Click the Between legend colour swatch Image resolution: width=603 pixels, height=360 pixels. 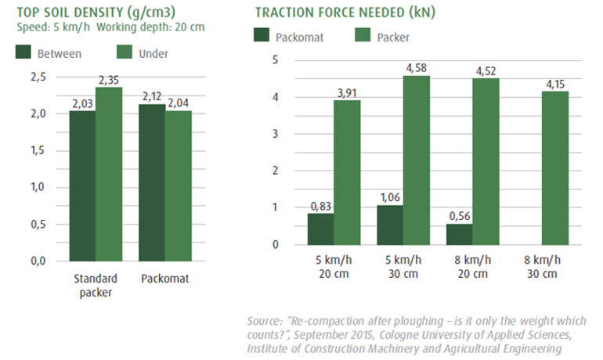(23, 52)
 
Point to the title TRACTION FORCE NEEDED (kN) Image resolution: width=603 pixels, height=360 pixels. (345, 13)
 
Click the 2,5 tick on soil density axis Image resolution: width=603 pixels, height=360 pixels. (38, 76)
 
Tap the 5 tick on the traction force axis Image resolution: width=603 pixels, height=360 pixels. (275, 60)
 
